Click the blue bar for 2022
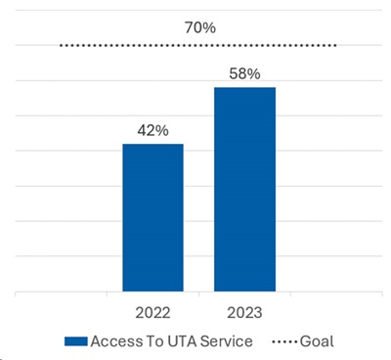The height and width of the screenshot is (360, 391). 152,217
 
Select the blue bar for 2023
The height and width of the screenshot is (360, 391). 244,190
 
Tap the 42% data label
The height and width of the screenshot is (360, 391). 152,131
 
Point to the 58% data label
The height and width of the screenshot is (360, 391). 244,73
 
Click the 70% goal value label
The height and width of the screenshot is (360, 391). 200,27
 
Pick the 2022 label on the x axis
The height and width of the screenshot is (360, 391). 152,313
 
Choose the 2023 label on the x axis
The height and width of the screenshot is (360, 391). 244,313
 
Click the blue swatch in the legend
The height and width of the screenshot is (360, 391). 76,341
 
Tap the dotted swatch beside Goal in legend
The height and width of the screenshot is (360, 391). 284,342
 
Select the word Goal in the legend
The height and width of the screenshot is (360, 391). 317,341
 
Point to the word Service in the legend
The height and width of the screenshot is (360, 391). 227,341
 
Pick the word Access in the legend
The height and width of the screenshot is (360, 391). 116,341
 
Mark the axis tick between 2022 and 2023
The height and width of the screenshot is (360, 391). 199,294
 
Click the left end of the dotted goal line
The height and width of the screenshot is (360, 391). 61,46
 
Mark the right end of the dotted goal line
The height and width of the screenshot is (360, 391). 335,46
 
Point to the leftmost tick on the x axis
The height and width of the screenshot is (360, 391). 16,294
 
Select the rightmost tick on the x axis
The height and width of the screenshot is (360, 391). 382,294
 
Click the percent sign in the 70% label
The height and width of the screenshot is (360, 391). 210,27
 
